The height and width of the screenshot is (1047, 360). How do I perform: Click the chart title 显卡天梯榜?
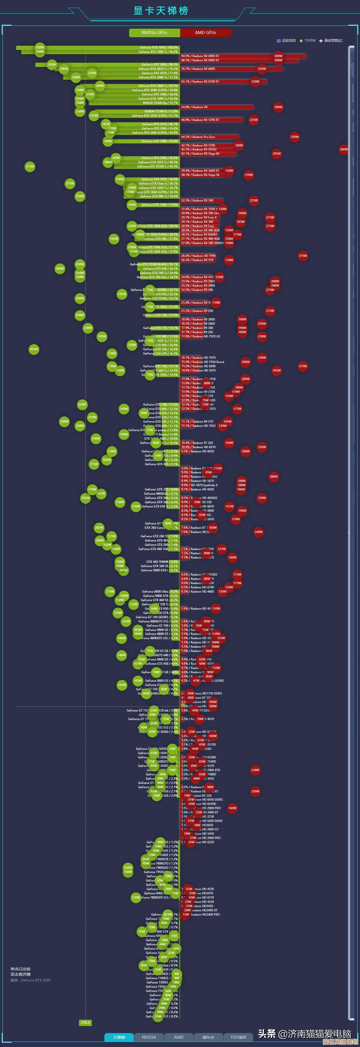click(161, 11)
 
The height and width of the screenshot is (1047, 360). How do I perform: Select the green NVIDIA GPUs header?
click(154, 33)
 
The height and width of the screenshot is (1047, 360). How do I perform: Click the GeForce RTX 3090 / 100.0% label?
click(159, 48)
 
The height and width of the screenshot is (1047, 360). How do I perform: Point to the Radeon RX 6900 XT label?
click(200, 56)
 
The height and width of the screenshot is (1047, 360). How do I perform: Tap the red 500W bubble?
click(344, 149)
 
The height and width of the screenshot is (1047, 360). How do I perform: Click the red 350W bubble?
click(294, 137)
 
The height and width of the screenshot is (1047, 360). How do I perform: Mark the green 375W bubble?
click(30, 166)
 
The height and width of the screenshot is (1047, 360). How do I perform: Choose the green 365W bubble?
click(34, 349)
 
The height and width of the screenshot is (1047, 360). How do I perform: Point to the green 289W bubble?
click(64, 421)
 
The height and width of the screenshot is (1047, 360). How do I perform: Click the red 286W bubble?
click(273, 477)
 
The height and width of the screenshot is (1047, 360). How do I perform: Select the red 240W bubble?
click(258, 532)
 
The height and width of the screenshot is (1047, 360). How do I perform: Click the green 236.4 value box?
click(85, 1023)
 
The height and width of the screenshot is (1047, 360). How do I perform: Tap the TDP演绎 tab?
click(238, 1037)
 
